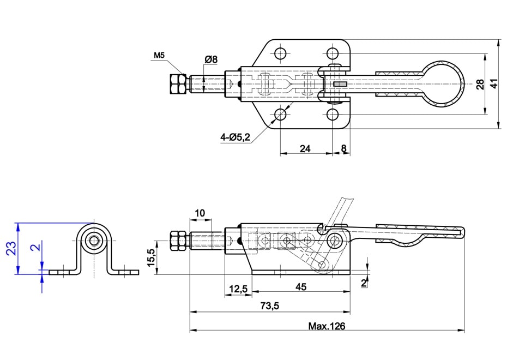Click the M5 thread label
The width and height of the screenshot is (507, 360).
point(159,55)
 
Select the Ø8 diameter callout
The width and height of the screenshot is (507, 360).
point(211,59)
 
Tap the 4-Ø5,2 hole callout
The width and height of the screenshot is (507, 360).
point(236,137)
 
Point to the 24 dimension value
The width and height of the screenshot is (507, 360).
point(305,148)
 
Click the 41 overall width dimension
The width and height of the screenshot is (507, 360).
point(494,83)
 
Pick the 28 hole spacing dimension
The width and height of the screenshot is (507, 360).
point(480,84)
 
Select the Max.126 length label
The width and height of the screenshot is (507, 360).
point(327,326)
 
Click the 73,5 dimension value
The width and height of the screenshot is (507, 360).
point(269,305)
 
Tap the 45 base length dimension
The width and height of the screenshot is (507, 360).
point(301,287)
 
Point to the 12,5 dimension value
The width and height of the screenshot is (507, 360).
point(238,289)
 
